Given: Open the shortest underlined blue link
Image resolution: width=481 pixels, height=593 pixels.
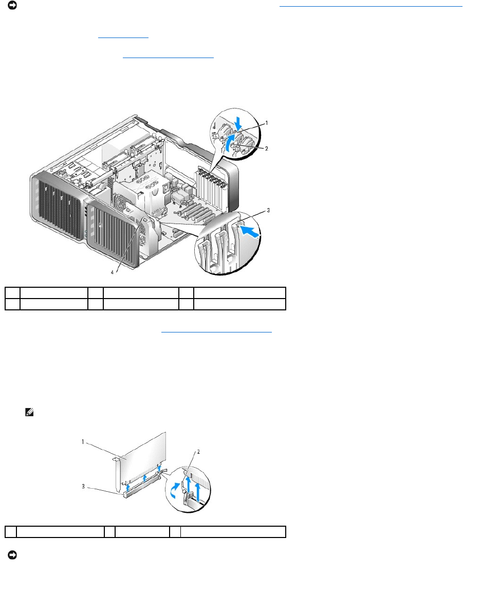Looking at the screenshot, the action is [122, 37].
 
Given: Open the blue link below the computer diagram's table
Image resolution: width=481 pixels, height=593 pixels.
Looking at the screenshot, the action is [216, 332].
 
